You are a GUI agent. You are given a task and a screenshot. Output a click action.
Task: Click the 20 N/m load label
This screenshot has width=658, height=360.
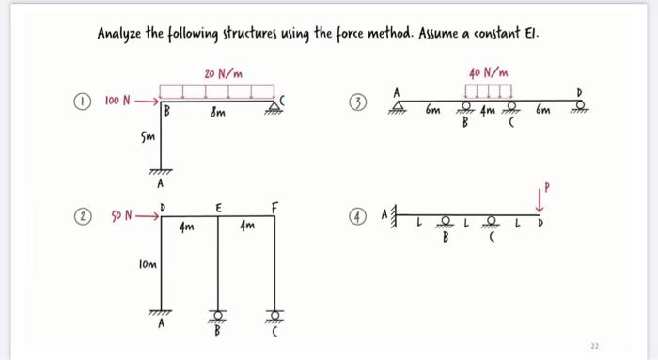coord(222,72)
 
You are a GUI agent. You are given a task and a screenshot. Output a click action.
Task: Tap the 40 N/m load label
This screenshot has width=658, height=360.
coord(488,71)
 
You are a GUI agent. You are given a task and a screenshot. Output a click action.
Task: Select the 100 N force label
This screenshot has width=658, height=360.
coord(118,97)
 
